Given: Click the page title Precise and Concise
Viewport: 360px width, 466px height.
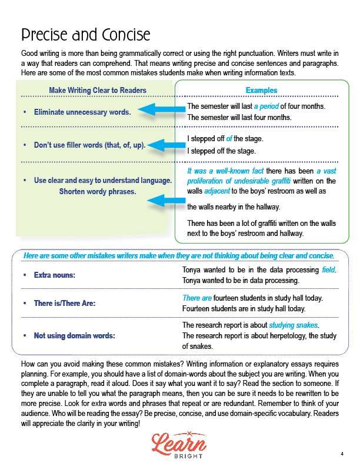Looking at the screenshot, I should (x=85, y=34).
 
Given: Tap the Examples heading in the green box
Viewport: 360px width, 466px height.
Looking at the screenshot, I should (x=261, y=90).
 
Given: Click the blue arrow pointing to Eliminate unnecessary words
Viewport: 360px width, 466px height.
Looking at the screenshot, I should (x=162, y=109).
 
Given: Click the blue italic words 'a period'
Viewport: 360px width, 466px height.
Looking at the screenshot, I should (x=266, y=106).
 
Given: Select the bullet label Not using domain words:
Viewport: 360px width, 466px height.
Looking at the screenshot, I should (x=74, y=335).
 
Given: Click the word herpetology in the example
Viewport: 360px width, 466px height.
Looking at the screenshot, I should (x=285, y=335).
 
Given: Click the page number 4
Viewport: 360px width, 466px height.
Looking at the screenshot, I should (x=342, y=454).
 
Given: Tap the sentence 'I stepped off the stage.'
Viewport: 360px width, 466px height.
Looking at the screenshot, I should (x=221, y=151).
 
